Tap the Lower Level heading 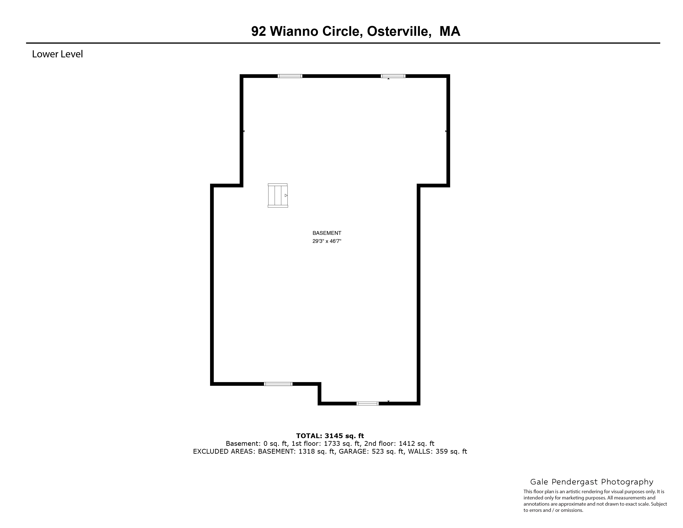(57, 54)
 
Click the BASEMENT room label (327, 233)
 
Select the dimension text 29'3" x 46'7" (327, 241)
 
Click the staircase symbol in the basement (278, 195)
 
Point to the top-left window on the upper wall (290, 76)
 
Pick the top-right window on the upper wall (393, 76)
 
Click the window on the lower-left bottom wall (278, 384)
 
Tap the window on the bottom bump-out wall (368, 404)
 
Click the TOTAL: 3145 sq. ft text (330, 436)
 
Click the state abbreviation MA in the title (450, 31)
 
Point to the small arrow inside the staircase (286, 195)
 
